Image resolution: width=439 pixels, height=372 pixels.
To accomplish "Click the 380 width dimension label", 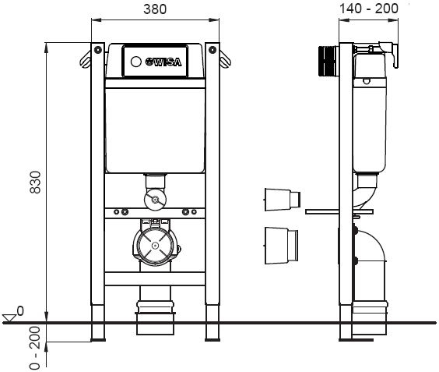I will pos(155,10).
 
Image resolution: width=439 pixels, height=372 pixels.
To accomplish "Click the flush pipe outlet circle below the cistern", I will pos(156,200).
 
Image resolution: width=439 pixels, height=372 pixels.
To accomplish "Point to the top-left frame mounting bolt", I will pos(97,48).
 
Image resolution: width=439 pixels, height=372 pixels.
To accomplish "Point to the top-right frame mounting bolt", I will pos(211,48).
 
